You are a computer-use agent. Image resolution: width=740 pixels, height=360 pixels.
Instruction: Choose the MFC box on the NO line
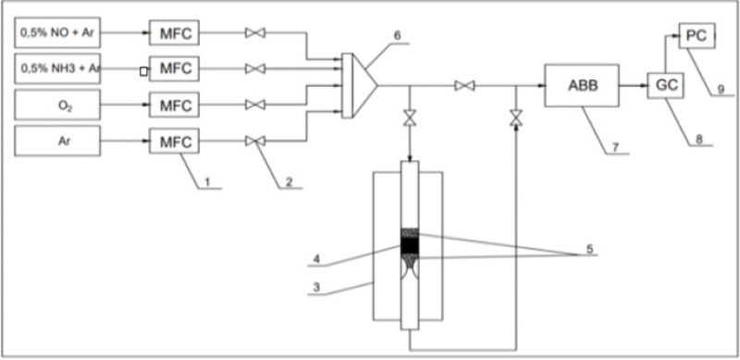pyautogui.click(x=175, y=34)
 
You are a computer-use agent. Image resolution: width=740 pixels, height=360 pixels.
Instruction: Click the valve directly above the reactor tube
pyautogui.click(x=408, y=118)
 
